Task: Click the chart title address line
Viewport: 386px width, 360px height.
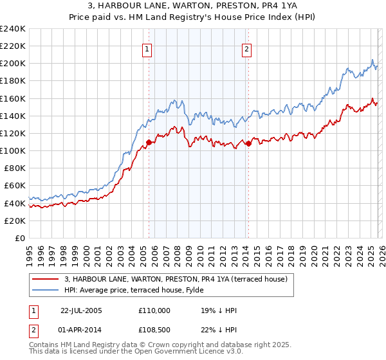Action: click(x=192, y=6)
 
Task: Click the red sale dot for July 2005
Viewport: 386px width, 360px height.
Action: click(x=149, y=142)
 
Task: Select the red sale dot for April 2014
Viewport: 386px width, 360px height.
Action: click(x=248, y=143)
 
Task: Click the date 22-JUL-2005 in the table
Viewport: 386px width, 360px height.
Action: click(x=82, y=310)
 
